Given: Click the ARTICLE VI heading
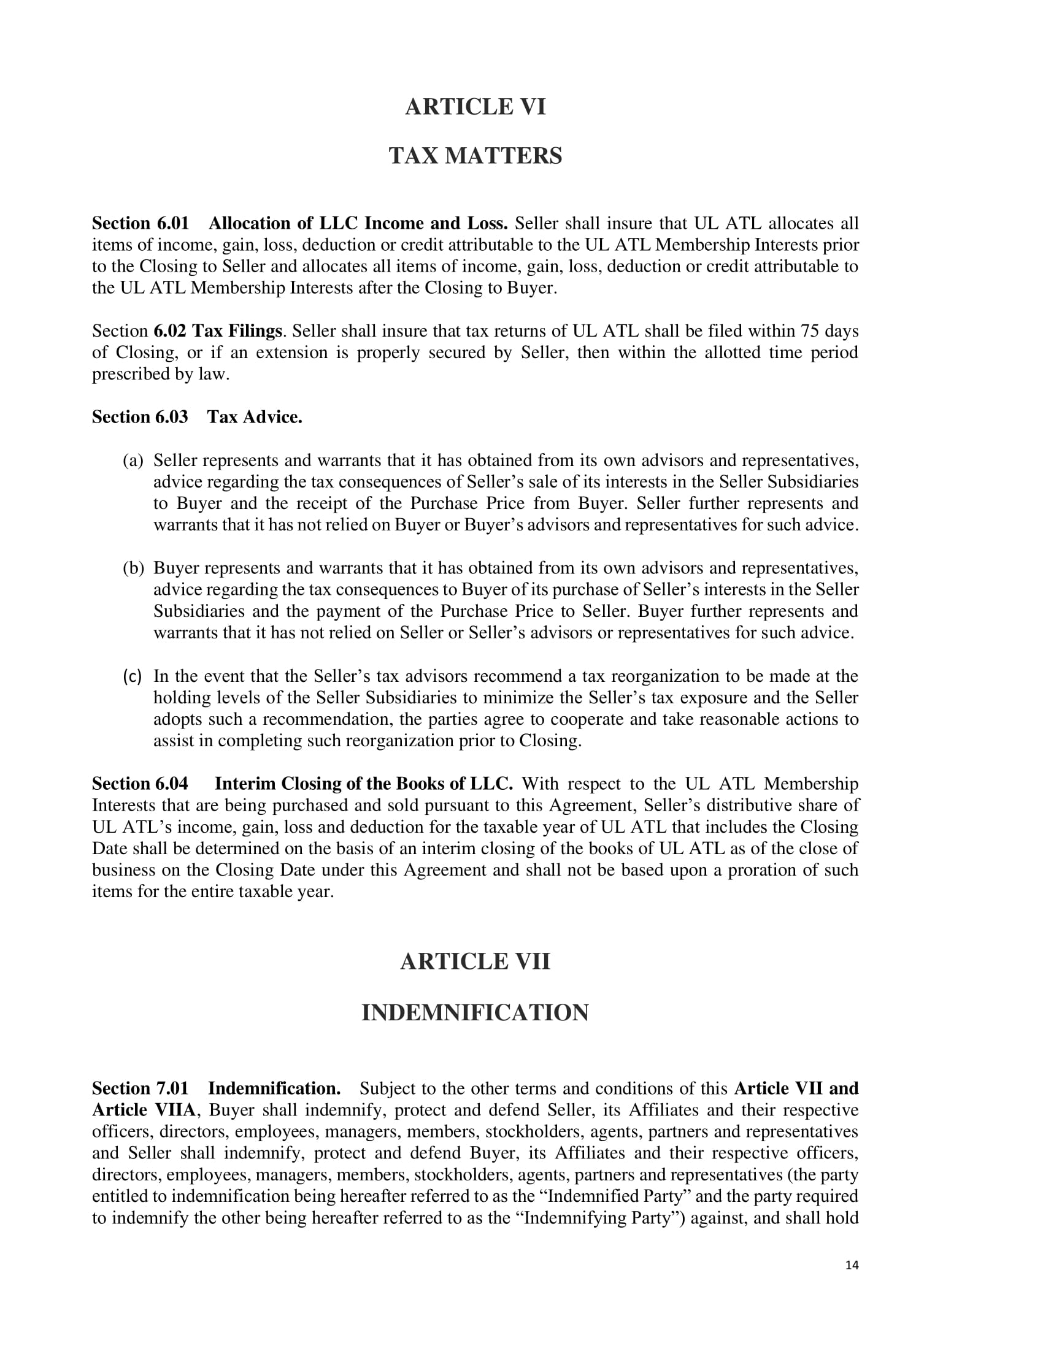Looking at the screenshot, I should pyautogui.click(x=475, y=107).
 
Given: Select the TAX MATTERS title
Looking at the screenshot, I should pyautogui.click(x=475, y=156).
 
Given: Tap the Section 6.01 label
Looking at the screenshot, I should pyautogui.click(x=140, y=223).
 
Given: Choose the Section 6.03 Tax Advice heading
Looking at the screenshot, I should pyautogui.click(x=197, y=418).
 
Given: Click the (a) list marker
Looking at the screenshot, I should pyautogui.click(x=133, y=460).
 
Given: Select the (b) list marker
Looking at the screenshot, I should pyautogui.click(x=133, y=568).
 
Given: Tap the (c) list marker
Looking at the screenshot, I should pyautogui.click(x=133, y=676).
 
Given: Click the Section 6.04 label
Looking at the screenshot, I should pyautogui.click(x=140, y=784).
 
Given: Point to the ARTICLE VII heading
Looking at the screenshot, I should pyautogui.click(x=475, y=961).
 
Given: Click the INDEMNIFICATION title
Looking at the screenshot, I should pyautogui.click(x=475, y=1013).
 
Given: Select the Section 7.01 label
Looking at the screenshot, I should pyautogui.click(x=140, y=1088).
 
